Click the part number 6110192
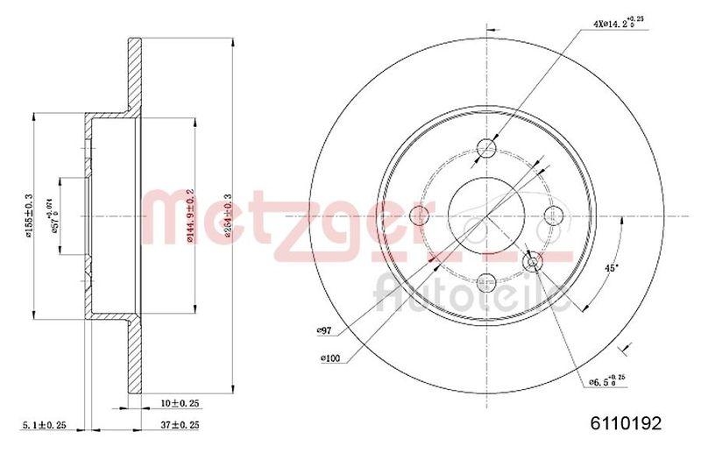[625, 422]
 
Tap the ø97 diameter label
[329, 329]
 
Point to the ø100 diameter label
[330, 357]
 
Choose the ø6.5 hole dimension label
[604, 380]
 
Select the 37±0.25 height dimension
[181, 426]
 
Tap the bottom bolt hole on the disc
[487, 280]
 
